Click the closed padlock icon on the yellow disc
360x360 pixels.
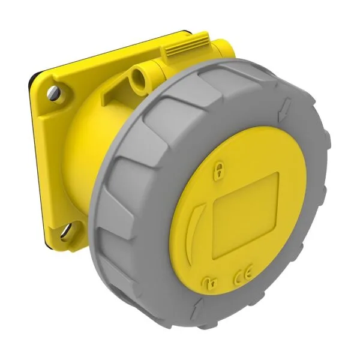point(221,172)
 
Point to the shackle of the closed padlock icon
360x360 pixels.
point(221,167)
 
